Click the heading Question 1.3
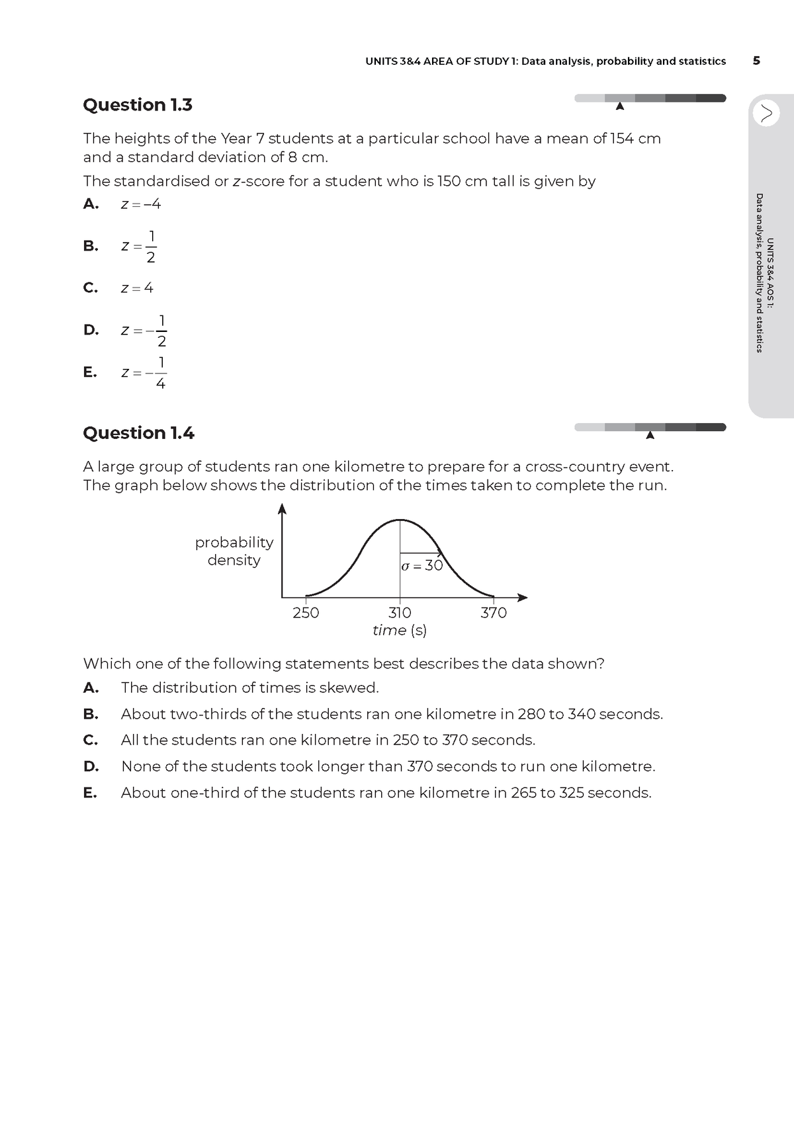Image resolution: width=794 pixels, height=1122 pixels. (138, 105)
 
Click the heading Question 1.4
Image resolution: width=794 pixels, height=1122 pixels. (138, 433)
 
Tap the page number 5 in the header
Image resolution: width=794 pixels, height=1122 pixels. (756, 61)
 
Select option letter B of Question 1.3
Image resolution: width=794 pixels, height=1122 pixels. (91, 246)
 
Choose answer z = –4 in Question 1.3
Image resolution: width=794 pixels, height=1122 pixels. (141, 204)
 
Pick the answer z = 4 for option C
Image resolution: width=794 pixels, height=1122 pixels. (137, 288)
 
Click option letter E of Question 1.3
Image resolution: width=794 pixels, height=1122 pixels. (90, 372)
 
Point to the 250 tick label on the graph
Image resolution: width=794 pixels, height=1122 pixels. (306, 613)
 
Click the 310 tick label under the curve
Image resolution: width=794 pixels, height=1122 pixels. (400, 613)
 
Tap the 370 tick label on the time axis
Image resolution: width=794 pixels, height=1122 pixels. (494, 613)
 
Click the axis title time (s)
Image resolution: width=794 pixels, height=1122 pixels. (400, 631)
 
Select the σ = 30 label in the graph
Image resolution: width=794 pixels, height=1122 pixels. (422, 566)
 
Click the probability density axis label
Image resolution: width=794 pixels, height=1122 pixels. (234, 551)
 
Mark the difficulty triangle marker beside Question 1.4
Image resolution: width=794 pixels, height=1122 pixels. (650, 435)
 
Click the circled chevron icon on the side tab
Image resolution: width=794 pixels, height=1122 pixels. (766, 113)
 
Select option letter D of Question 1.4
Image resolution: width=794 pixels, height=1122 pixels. (91, 766)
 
